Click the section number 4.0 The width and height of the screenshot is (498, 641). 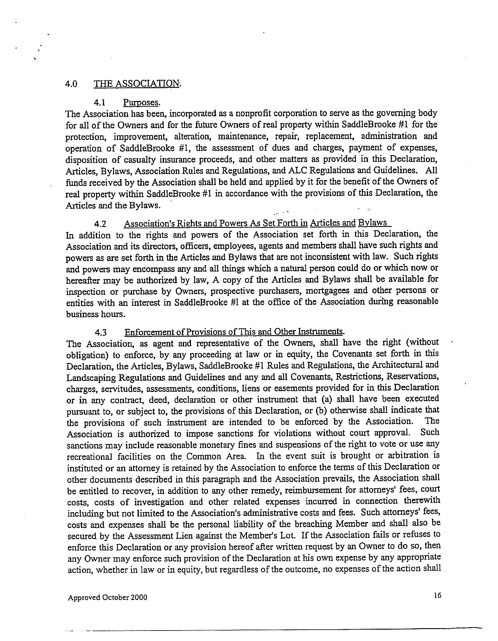[71, 84]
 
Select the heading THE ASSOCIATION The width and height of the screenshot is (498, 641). [137, 83]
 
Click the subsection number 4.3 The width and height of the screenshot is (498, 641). [101, 332]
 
